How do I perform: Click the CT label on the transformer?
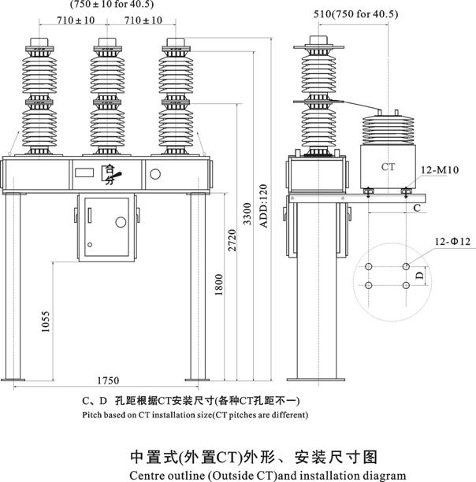[388, 167]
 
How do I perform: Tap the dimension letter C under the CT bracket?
[439, 208]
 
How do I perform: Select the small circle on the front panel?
[154, 174]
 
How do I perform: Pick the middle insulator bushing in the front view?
[105, 95]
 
